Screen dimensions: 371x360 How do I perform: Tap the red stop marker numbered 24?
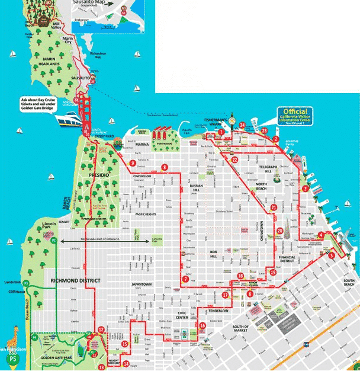pos(243,125)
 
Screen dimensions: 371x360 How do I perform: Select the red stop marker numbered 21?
pos(274,207)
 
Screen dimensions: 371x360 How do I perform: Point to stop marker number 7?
pos(186,279)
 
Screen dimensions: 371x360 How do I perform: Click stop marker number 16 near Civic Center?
pos(202,325)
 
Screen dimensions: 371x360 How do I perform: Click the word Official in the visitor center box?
pos(295,111)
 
